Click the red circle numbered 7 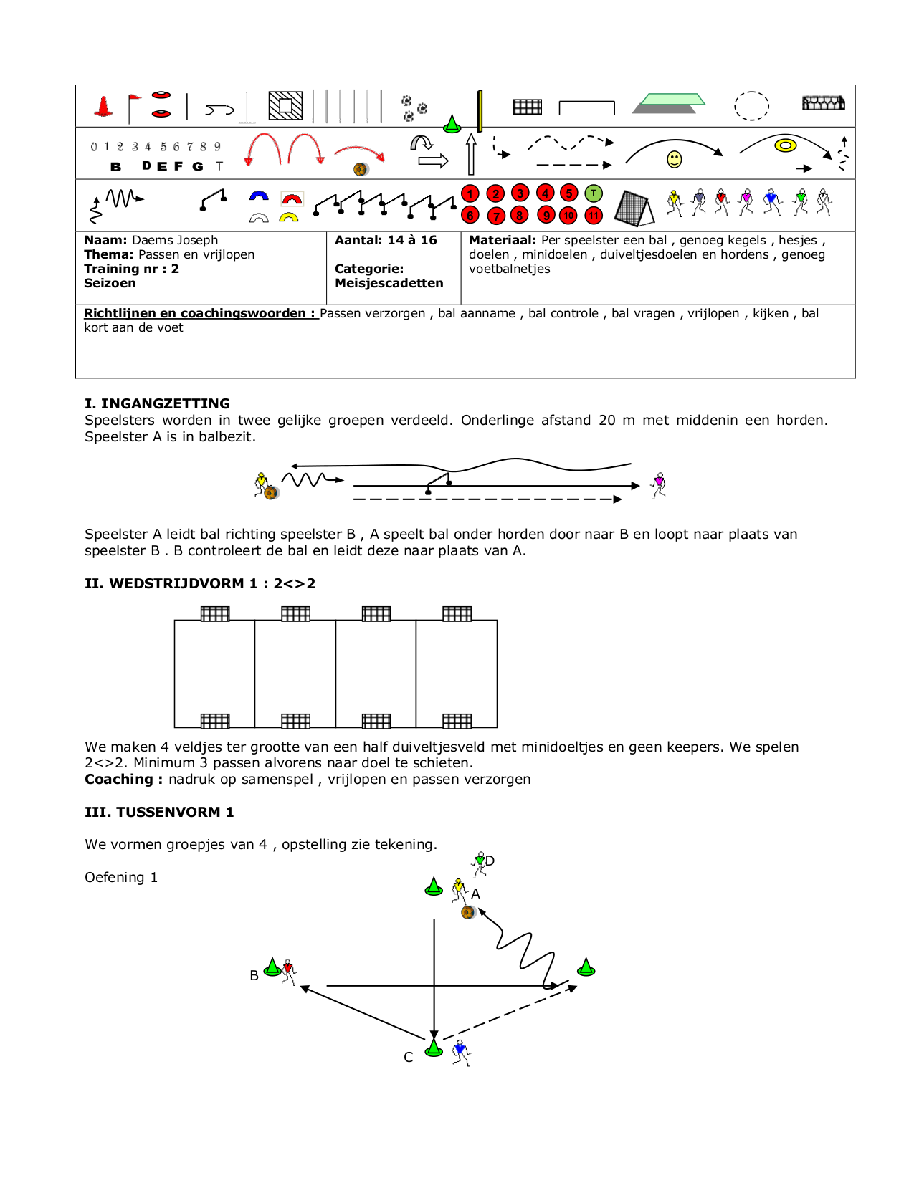tap(495, 216)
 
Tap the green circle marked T tap(594, 193)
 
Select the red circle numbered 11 tap(594, 216)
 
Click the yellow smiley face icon tap(675, 159)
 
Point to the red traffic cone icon tap(104, 106)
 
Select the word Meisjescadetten tap(389, 283)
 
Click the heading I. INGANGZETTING tap(157, 403)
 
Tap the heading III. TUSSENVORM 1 tap(159, 812)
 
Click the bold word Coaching tap(119, 780)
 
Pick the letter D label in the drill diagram tap(490, 861)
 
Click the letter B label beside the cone tap(254, 975)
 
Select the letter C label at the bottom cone tap(409, 1057)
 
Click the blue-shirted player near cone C tap(461, 1053)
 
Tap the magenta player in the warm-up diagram tap(659, 484)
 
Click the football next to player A tap(468, 912)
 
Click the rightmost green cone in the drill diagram tap(586, 967)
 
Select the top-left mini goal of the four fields tap(215, 613)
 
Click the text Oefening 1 tap(121, 878)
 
